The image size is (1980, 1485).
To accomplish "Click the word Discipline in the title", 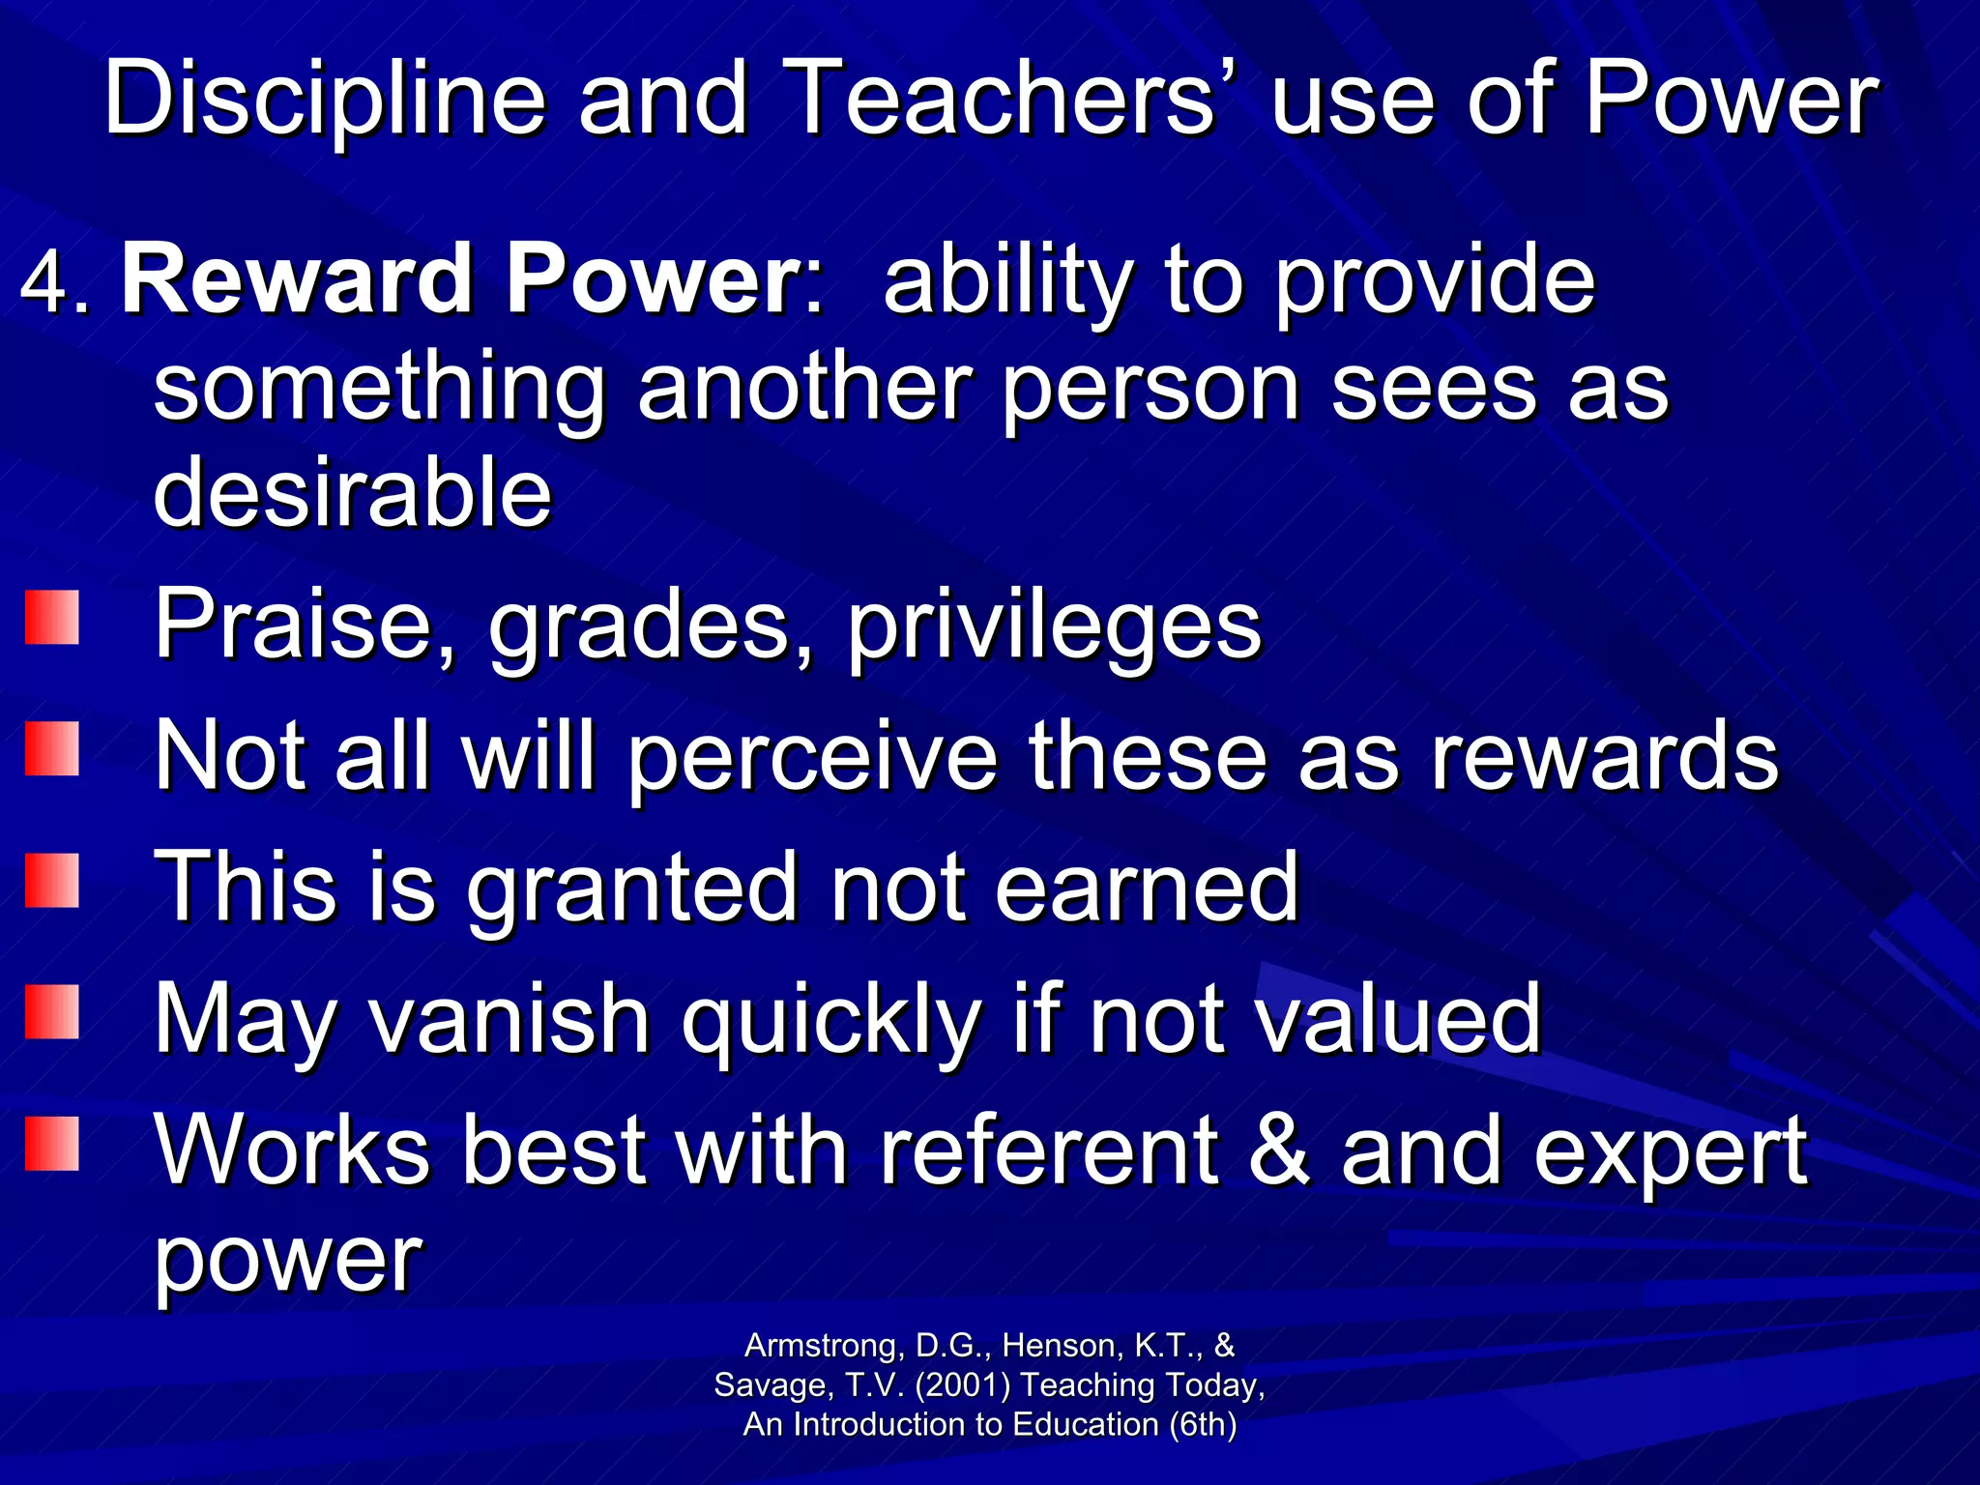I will (x=325, y=99).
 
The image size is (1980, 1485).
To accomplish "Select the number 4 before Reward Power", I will (x=44, y=282).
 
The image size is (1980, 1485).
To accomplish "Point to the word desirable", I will (x=352, y=493).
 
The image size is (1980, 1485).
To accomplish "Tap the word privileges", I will (x=1054, y=626).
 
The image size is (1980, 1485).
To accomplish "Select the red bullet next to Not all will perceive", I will (x=51, y=749).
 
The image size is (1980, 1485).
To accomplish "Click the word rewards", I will (x=1605, y=757).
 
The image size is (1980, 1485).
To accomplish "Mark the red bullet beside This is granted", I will (x=51, y=880).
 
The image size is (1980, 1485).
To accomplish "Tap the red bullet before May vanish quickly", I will (x=51, y=1011).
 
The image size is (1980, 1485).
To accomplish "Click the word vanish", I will (x=511, y=1018).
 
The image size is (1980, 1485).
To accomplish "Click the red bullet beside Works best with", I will (x=51, y=1143).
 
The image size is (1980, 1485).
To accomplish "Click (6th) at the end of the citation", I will (x=1203, y=1425).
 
